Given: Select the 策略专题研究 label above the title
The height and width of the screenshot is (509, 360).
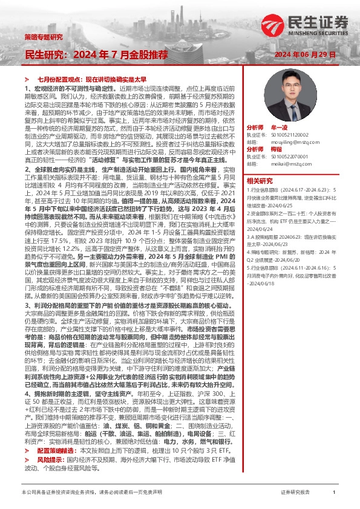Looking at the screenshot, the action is point(43,37).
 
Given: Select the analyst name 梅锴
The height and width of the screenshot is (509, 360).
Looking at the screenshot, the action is point(277,149).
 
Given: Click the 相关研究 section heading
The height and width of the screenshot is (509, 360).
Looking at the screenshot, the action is point(260,180).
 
